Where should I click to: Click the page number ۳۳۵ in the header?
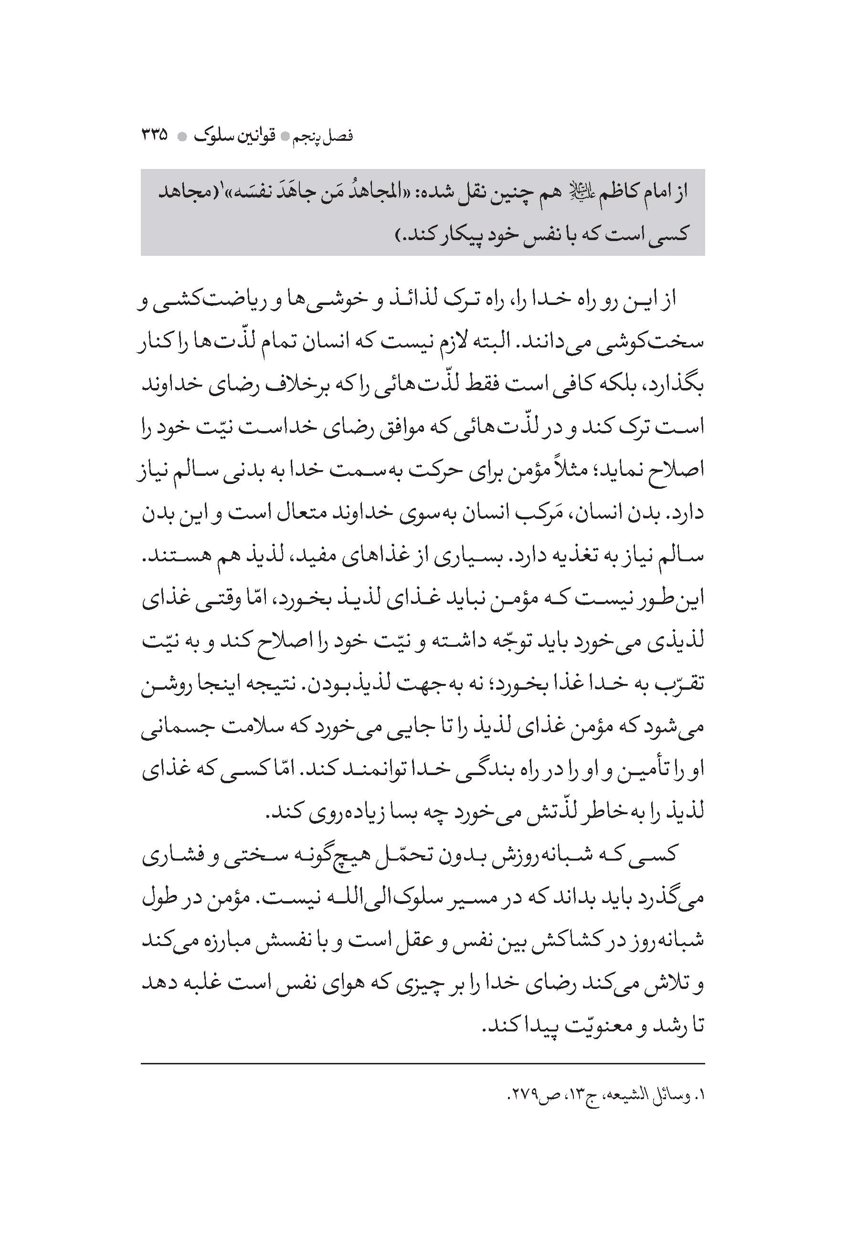click(154, 136)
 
